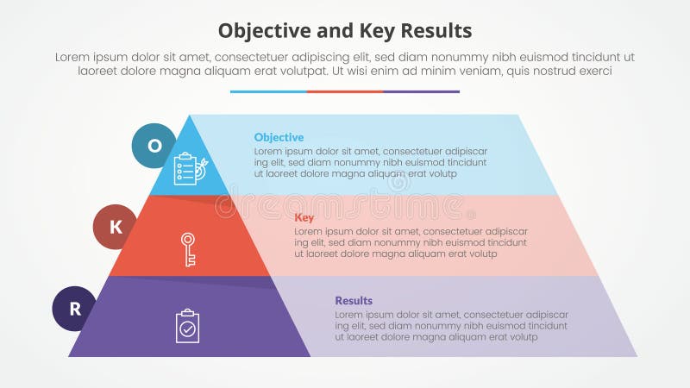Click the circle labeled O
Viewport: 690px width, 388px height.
pyautogui.click(x=154, y=146)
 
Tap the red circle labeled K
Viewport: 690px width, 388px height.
pyautogui.click(x=116, y=227)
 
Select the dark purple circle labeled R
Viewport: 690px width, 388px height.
pyautogui.click(x=75, y=309)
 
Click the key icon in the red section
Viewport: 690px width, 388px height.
pyautogui.click(x=188, y=248)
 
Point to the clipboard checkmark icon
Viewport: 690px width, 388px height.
pyautogui.click(x=187, y=326)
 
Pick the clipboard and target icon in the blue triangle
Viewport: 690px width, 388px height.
pyautogui.click(x=190, y=168)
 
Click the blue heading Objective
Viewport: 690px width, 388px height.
pyautogui.click(x=279, y=137)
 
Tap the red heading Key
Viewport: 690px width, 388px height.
pyautogui.click(x=304, y=217)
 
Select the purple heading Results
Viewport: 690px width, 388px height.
pyautogui.click(x=354, y=300)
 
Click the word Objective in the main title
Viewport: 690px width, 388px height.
pyautogui.click(x=261, y=31)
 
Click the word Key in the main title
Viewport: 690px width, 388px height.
pyautogui.click(x=375, y=31)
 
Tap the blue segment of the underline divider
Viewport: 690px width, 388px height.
pyautogui.click(x=268, y=91)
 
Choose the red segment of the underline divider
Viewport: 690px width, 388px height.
pyautogui.click(x=345, y=91)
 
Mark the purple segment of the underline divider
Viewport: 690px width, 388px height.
pyautogui.click(x=421, y=91)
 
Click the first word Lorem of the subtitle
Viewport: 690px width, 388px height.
pyautogui.click(x=73, y=57)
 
